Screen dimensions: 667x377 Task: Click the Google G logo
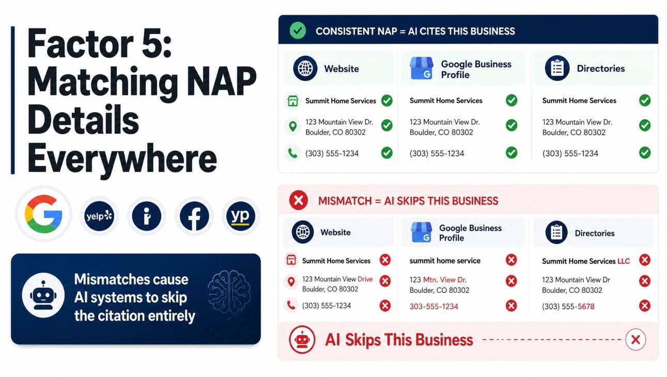(x=43, y=214)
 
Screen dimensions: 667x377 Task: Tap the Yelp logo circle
(x=99, y=216)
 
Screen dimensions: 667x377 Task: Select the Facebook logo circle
(x=194, y=216)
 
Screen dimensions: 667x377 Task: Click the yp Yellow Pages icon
(x=241, y=216)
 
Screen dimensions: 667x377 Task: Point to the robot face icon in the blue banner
(x=43, y=295)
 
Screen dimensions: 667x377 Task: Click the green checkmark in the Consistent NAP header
(x=298, y=30)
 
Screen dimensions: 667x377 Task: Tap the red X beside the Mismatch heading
(x=298, y=200)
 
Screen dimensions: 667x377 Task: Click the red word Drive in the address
(x=365, y=279)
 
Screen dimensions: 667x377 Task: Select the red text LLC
(x=624, y=261)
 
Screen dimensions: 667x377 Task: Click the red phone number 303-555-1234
(x=433, y=306)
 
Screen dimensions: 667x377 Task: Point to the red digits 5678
(x=586, y=306)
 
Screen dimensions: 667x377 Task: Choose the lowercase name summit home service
(x=445, y=261)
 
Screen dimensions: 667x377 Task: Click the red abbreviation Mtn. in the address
(x=430, y=280)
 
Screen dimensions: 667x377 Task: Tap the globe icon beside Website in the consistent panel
(x=305, y=68)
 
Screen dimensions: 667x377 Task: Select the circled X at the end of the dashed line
(x=635, y=339)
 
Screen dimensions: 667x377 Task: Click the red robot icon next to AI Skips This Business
(x=302, y=339)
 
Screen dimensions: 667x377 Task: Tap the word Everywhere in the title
(x=122, y=159)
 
